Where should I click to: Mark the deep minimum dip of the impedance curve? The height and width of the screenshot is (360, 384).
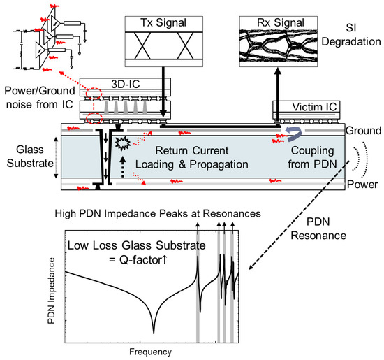(x=153, y=329)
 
